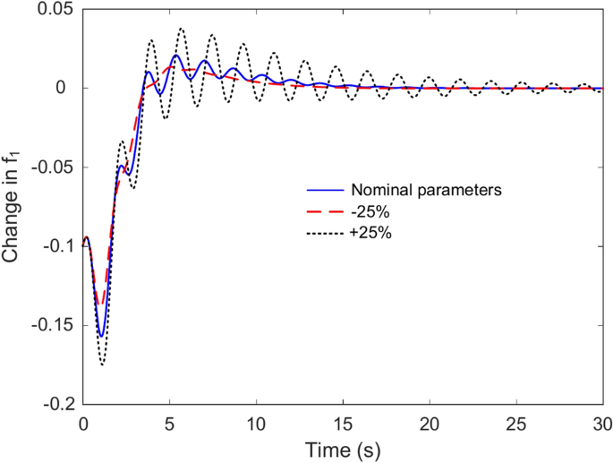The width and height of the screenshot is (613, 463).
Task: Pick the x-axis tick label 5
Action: click(x=170, y=421)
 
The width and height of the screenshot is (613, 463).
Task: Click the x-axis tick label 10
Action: click(x=257, y=421)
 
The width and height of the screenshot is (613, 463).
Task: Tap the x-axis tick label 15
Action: click(x=344, y=421)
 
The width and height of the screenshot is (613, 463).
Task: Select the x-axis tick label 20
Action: click(x=430, y=421)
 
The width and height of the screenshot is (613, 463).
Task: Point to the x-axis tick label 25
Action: click(x=516, y=421)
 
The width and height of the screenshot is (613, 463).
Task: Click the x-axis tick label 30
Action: click(x=602, y=421)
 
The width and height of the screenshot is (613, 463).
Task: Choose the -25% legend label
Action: click(x=369, y=210)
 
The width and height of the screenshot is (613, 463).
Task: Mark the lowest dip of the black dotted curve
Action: click(x=102, y=365)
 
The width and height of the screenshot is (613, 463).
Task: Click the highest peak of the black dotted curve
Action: click(x=182, y=28)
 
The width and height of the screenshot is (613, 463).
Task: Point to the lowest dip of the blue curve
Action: click(x=101, y=337)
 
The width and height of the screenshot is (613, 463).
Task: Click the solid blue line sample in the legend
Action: click(x=322, y=190)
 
